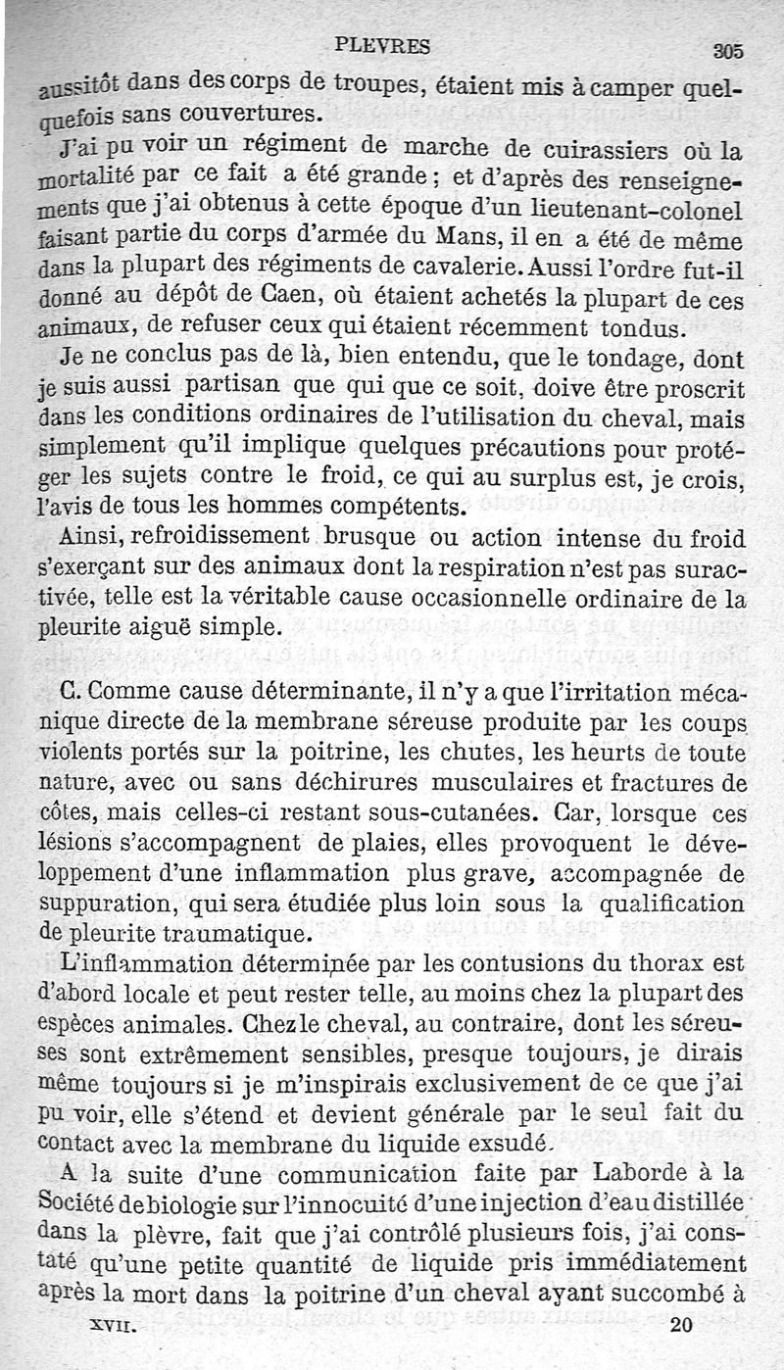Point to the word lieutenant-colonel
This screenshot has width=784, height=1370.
point(648,210)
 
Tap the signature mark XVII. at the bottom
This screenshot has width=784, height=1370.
point(112,1325)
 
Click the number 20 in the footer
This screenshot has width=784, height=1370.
point(682,1325)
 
